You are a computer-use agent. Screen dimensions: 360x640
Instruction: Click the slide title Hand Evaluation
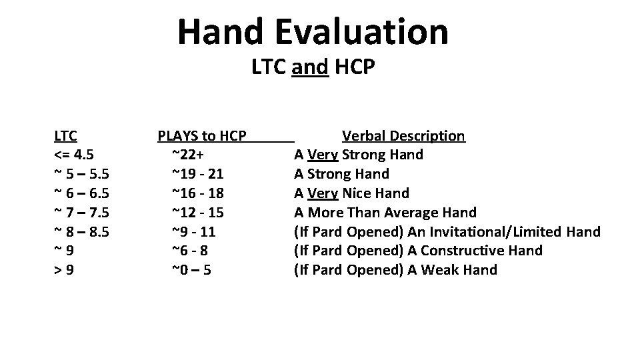[x=313, y=31]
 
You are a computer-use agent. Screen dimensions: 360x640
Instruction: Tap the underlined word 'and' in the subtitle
[x=310, y=67]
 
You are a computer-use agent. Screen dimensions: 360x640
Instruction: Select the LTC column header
[x=65, y=136]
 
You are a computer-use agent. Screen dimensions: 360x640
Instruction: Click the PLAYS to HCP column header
[x=202, y=136]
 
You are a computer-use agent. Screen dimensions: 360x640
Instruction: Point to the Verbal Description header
[x=403, y=136]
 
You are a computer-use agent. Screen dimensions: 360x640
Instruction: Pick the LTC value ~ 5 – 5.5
[x=81, y=175]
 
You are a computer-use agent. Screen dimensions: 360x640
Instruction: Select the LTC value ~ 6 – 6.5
[x=81, y=194]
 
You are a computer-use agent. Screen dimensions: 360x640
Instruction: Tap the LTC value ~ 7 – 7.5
[x=81, y=213]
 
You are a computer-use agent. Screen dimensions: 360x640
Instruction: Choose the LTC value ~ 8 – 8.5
[x=81, y=233]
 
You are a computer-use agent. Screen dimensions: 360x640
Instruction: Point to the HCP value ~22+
[x=188, y=155]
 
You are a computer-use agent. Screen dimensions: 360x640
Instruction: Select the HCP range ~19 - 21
[x=197, y=175]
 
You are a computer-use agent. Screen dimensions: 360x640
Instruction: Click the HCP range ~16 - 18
[x=197, y=194]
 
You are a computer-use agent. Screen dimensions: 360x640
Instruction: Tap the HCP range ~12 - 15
[x=197, y=213]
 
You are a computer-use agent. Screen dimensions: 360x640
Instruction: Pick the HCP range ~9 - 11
[x=193, y=233]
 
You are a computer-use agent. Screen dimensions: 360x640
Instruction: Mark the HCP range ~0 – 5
[x=192, y=271]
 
